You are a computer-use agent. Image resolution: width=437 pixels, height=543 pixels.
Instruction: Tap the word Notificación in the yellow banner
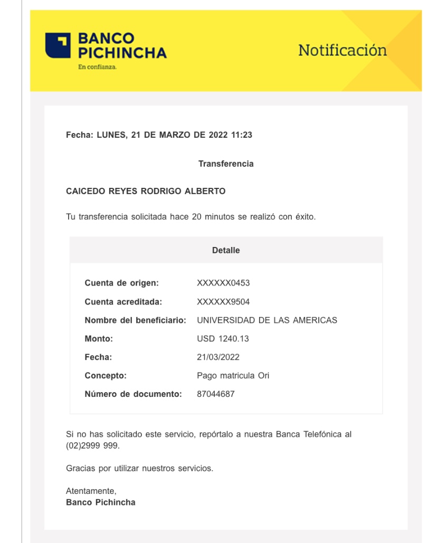(342, 51)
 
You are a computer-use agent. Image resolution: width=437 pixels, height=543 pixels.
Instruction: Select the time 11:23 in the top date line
(242, 135)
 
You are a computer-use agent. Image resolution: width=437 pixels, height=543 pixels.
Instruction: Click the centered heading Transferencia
(225, 164)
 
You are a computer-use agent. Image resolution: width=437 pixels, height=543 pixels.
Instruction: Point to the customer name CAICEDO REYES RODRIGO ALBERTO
(146, 192)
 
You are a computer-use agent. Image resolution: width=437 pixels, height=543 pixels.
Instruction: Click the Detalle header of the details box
(225, 251)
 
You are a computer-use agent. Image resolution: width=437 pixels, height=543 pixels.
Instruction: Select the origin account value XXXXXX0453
(223, 283)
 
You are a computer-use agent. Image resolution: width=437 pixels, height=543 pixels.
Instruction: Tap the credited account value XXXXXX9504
(223, 302)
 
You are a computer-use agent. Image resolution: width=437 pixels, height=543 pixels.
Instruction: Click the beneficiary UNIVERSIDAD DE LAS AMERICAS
(267, 320)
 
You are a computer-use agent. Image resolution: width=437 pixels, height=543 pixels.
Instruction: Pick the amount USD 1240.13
(223, 339)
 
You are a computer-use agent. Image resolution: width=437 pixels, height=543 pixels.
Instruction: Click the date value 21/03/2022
(218, 357)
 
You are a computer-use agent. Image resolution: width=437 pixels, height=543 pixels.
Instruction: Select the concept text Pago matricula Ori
(233, 376)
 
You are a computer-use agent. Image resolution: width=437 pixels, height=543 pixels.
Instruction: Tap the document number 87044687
(216, 394)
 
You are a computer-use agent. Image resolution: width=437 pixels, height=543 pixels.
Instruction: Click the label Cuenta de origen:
(122, 283)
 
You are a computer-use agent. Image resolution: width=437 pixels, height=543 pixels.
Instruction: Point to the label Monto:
(99, 339)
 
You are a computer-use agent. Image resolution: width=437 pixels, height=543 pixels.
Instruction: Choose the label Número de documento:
(133, 394)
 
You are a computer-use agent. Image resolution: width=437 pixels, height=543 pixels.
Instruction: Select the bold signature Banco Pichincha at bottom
(100, 502)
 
